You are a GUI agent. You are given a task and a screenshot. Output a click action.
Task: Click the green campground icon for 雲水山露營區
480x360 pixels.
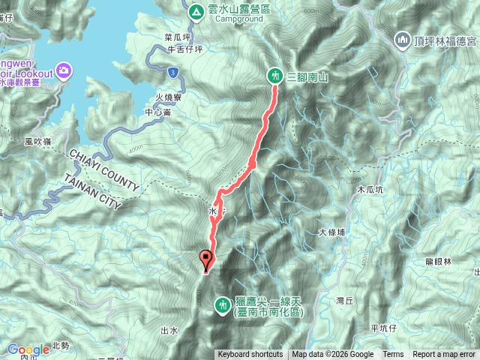pos(195,11)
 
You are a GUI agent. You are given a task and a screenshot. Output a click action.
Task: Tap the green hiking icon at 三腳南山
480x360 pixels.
pos(276,75)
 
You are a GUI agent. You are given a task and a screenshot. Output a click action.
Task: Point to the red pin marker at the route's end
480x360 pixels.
pos(205,260)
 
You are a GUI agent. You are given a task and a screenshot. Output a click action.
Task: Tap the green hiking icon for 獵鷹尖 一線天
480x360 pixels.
pos(223,304)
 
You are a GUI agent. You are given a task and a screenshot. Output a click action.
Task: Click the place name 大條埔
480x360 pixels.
pos(331,232)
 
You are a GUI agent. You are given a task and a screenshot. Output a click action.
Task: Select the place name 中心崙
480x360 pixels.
pos(158,112)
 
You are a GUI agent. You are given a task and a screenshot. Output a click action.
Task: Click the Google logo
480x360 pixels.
pos(28,349)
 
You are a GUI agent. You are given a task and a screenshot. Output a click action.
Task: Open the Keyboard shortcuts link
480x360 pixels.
pos(250,355)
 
